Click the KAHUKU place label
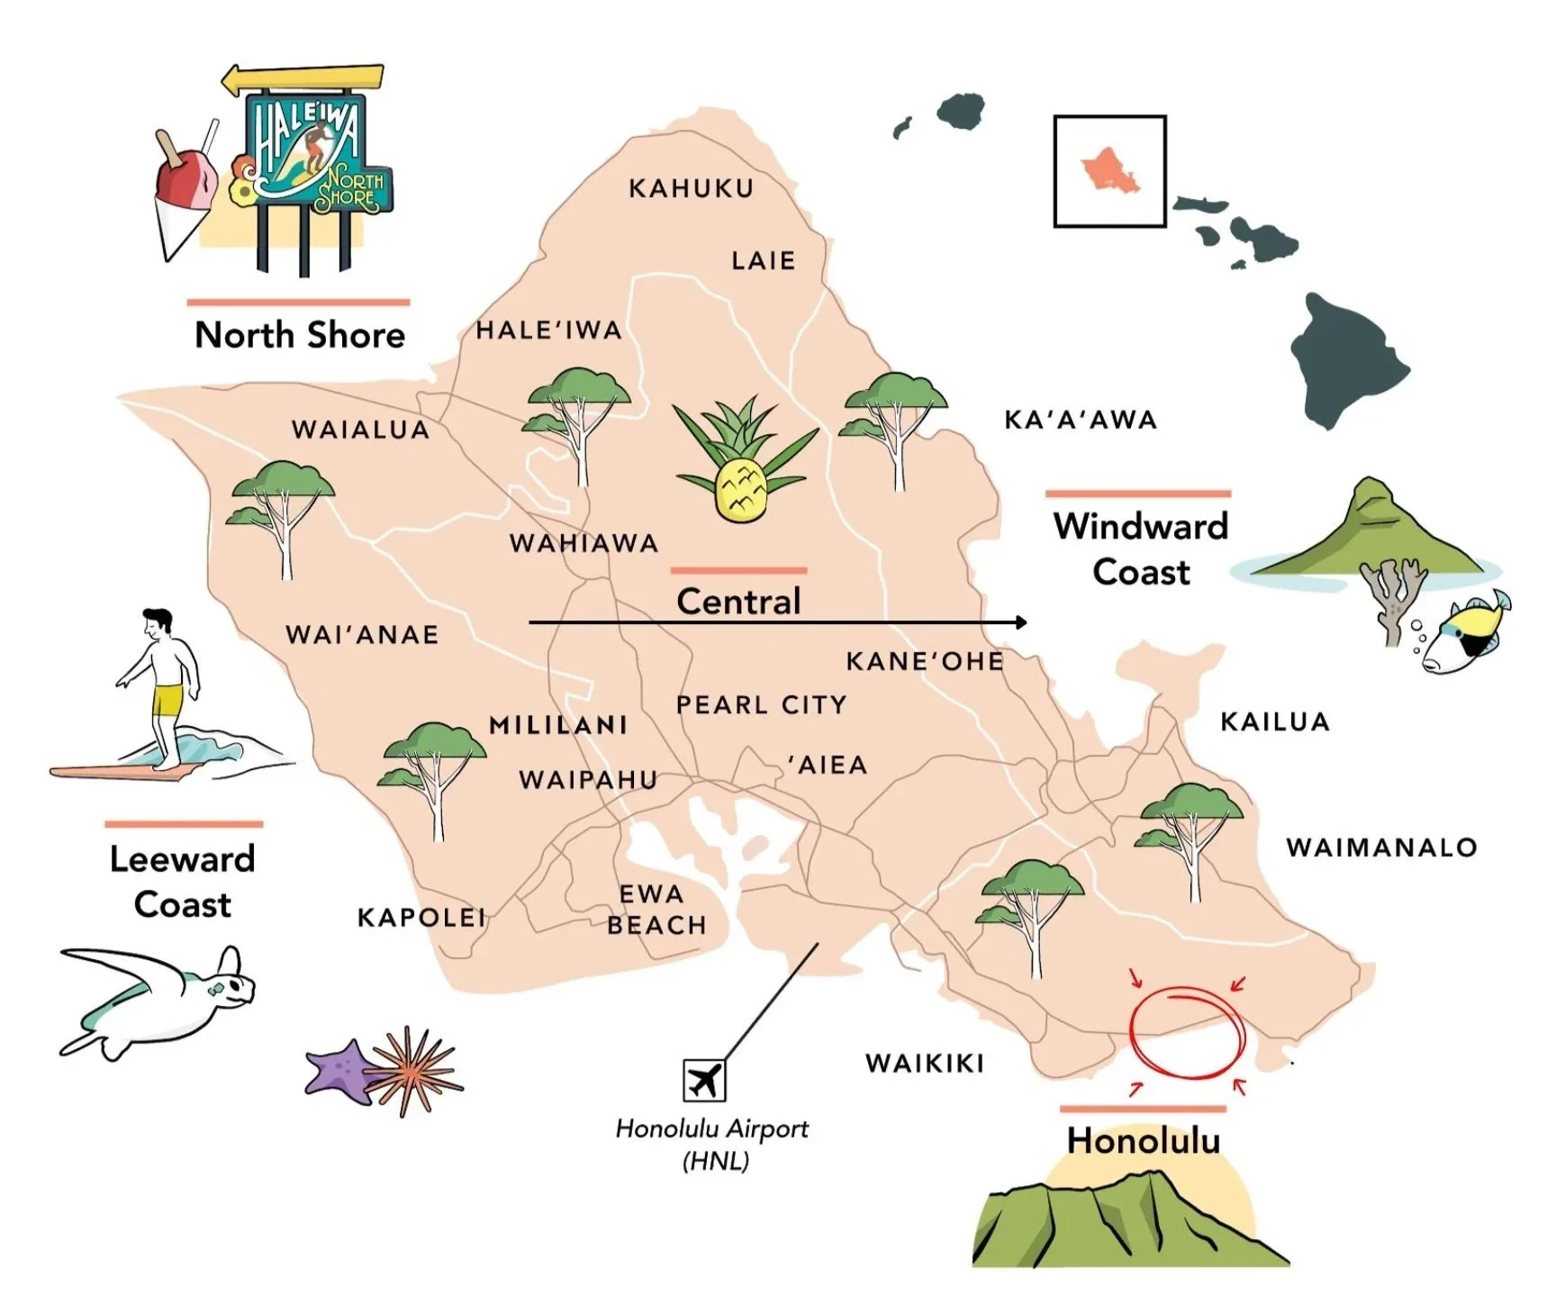691,188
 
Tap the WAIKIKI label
925,1064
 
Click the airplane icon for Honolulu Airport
704,1080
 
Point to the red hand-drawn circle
1187,1032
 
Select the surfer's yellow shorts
167,699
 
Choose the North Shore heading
300,335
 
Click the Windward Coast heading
1141,548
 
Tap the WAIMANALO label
1381,847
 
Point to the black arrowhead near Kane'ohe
1020,622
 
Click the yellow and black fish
1465,636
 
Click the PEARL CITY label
762,705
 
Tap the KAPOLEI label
421,918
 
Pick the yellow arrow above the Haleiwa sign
303,79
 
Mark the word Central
738,602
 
